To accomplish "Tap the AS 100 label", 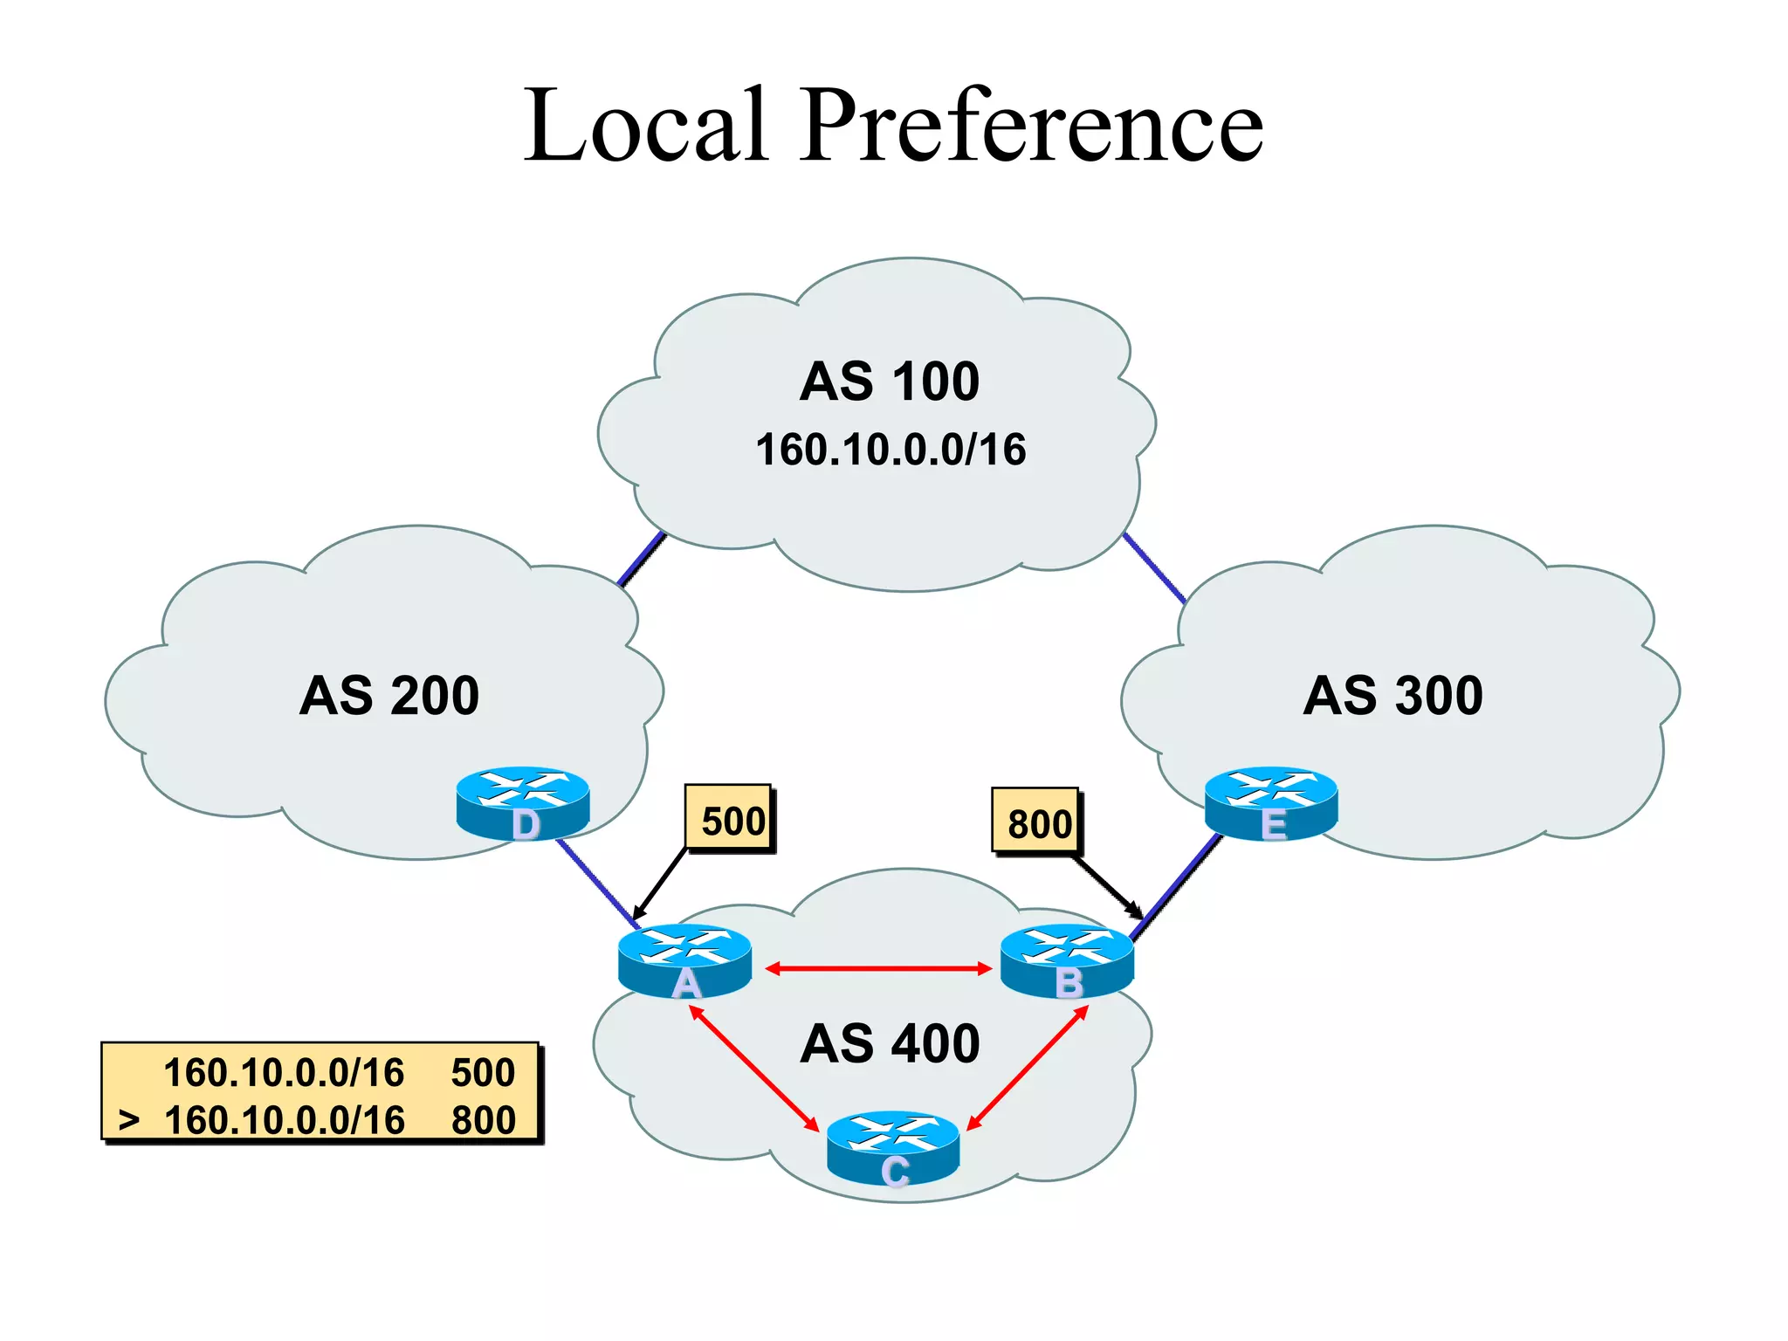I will click(x=889, y=382).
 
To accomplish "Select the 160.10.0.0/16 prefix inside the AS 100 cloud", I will click(x=891, y=450).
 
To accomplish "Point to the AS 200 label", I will click(x=389, y=696).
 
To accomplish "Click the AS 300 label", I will click(x=1393, y=696).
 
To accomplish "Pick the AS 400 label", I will click(x=890, y=1043).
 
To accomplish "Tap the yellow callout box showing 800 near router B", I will click(x=1037, y=822).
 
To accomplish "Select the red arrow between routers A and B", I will click(x=877, y=968).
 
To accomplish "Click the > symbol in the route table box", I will click(x=129, y=1119).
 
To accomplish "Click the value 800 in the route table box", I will click(x=483, y=1120).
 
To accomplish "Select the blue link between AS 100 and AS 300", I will click(x=1154, y=568).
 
